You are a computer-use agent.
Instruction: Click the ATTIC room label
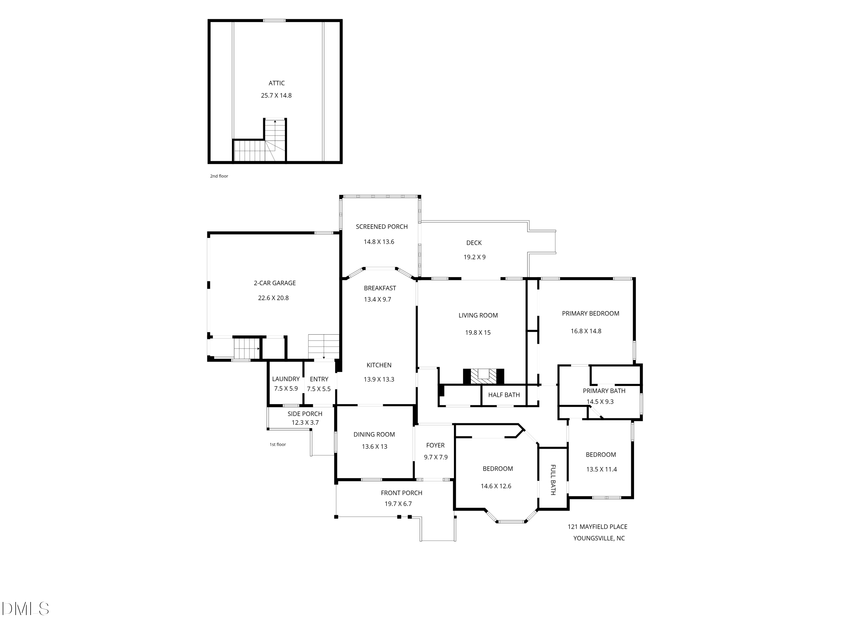click(277, 83)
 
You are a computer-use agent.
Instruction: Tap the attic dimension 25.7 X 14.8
click(276, 95)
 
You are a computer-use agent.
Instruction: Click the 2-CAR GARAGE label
click(275, 283)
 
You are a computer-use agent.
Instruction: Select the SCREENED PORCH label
click(382, 227)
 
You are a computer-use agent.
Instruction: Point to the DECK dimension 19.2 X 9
click(475, 257)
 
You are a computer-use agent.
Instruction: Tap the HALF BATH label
click(504, 395)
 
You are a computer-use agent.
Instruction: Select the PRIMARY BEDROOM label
click(591, 313)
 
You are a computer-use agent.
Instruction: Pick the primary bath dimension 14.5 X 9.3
click(600, 402)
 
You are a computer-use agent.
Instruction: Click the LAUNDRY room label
click(286, 379)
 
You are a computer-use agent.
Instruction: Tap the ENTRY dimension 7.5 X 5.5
click(318, 389)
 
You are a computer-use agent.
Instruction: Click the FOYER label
click(435, 445)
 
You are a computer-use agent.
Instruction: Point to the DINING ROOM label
click(374, 435)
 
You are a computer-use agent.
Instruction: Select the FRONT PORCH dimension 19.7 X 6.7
click(398, 504)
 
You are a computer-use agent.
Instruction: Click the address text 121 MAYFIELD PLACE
click(598, 527)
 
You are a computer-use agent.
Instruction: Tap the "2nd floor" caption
click(219, 176)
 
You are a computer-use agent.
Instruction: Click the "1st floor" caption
click(278, 445)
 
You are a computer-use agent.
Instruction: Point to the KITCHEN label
click(379, 365)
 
